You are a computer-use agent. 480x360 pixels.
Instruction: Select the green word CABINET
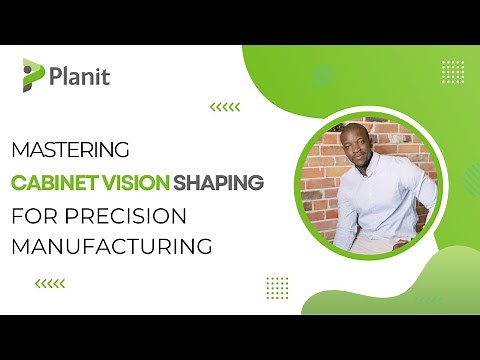coord(51,183)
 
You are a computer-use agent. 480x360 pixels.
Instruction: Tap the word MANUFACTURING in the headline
coord(112,245)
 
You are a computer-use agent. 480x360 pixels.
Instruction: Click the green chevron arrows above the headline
coord(224,106)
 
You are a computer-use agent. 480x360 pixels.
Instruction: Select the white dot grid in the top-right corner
coord(452,71)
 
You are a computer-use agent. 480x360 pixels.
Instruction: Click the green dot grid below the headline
coord(277,287)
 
